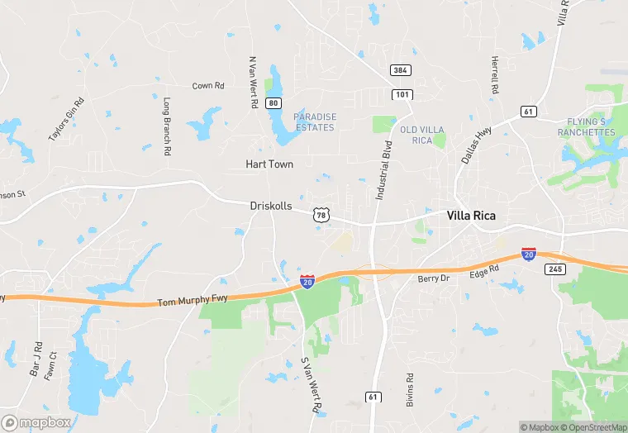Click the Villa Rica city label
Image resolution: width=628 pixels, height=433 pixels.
pyautogui.click(x=471, y=216)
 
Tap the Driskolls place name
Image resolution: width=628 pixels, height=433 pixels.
pyautogui.click(x=271, y=206)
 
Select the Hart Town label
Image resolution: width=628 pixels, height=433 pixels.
pyautogui.click(x=269, y=164)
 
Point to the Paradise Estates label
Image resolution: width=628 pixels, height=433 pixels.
pyautogui.click(x=315, y=122)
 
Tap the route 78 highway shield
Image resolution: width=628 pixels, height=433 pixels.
pyautogui.click(x=321, y=215)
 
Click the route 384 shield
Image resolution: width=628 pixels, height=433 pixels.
pyautogui.click(x=402, y=71)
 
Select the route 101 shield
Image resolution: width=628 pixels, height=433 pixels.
pyautogui.click(x=402, y=95)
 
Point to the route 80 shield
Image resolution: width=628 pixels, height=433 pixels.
pyautogui.click(x=274, y=102)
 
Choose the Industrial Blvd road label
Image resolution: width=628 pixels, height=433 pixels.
pyautogui.click(x=383, y=169)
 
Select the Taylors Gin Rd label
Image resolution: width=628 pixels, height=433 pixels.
pyautogui.click(x=66, y=119)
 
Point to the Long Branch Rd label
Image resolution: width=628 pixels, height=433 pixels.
pyautogui.click(x=167, y=127)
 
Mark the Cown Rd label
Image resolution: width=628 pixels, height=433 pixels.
pyautogui.click(x=208, y=86)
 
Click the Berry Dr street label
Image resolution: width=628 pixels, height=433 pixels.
pyautogui.click(x=432, y=279)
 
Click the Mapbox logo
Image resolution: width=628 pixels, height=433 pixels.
pyautogui.click(x=36, y=422)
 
